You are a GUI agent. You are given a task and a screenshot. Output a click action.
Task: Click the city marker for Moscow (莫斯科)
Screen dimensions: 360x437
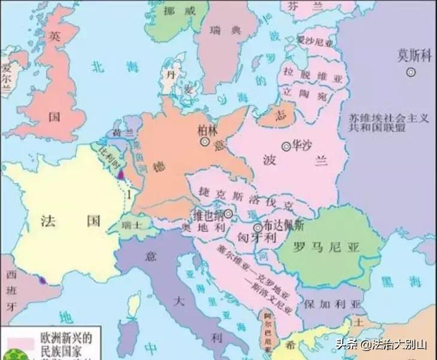click(411, 72)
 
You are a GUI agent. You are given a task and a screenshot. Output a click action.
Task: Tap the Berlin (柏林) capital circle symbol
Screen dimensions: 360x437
click(205, 142)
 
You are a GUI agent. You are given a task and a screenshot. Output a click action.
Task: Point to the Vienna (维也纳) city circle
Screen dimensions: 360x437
click(228, 213)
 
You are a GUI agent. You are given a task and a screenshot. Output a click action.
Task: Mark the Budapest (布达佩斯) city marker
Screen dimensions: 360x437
click(257, 228)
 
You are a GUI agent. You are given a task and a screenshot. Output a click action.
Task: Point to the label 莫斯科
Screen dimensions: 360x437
click(414, 55)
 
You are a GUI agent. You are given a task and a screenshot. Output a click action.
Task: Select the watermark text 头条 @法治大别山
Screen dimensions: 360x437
click(380, 344)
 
